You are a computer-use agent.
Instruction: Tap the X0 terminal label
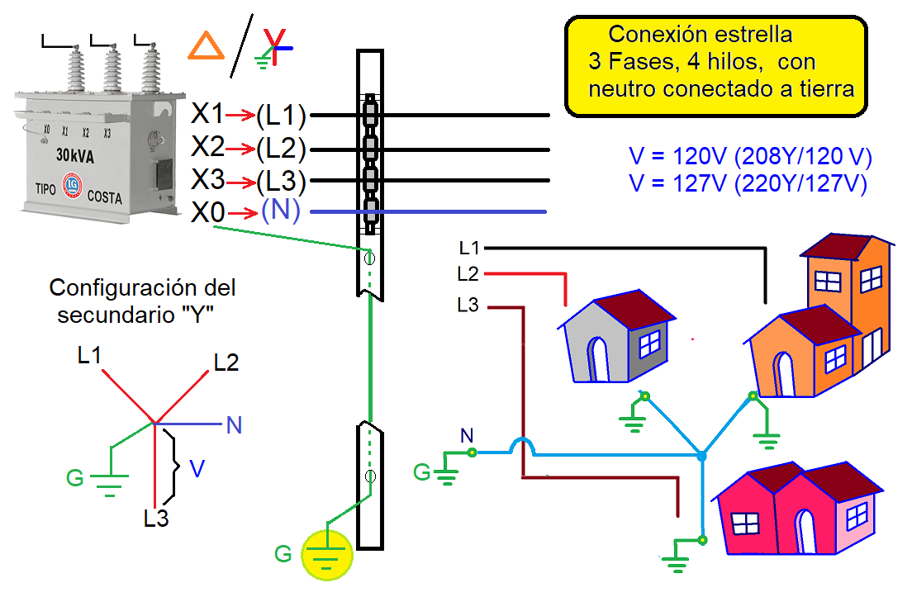coord(207,213)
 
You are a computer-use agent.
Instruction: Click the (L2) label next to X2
coord(281,149)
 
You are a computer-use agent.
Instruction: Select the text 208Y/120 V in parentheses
coord(805,157)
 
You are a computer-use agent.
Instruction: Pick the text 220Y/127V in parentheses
coord(801,183)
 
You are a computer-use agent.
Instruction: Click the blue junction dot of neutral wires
coord(701,456)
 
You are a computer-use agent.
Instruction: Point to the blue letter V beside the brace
coord(197,468)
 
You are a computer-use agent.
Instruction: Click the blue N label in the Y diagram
coord(234,425)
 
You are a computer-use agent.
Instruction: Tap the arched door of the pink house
coord(805,528)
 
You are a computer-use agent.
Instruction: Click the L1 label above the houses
coord(469,247)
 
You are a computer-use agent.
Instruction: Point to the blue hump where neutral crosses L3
coord(522,445)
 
